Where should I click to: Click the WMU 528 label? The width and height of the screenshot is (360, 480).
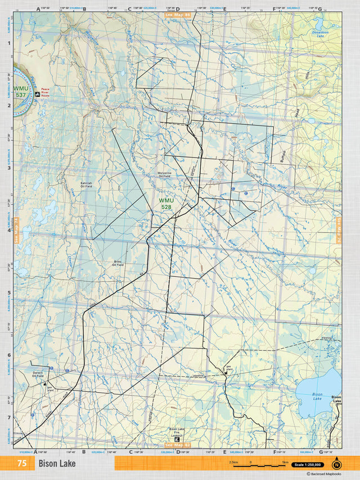[x=166, y=204]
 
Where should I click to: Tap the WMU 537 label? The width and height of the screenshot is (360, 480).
[x=21, y=92]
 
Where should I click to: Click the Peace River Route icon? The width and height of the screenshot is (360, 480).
[x=37, y=95]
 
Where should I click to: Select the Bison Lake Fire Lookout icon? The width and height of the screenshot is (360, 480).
[x=178, y=439]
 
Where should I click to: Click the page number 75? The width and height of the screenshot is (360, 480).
[x=22, y=464]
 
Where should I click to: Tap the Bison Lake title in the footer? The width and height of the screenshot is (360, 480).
[x=57, y=464]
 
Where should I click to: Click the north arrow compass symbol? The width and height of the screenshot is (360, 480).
[x=336, y=464]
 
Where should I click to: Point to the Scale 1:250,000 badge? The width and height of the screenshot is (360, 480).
[x=307, y=465]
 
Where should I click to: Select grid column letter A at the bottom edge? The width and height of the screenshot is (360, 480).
[x=35, y=451]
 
